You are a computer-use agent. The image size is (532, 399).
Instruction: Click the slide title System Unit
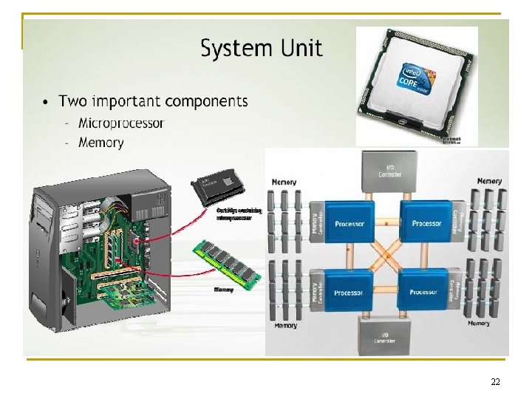pyautogui.click(x=262, y=49)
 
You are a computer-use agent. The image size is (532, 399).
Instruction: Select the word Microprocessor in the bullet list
pyautogui.click(x=121, y=123)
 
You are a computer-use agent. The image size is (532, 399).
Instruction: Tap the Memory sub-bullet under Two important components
pyautogui.click(x=101, y=143)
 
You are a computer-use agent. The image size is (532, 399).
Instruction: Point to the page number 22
pyautogui.click(x=495, y=381)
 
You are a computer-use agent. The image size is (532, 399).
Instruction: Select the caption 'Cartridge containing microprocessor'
pyautogui.click(x=238, y=214)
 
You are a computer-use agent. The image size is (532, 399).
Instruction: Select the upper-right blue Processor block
pyautogui.click(x=426, y=222)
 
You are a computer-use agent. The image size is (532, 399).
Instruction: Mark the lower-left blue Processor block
pyautogui.click(x=348, y=293)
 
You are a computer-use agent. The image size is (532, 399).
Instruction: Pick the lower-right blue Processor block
pyautogui.click(x=424, y=292)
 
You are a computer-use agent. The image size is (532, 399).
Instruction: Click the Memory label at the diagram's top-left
pyautogui.click(x=284, y=181)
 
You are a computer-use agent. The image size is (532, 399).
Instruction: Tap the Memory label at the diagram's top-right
pyautogui.click(x=489, y=181)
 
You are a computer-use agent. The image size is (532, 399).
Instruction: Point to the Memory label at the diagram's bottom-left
pyautogui.click(x=285, y=325)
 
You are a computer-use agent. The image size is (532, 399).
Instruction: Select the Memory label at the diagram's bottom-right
pyautogui.click(x=478, y=323)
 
